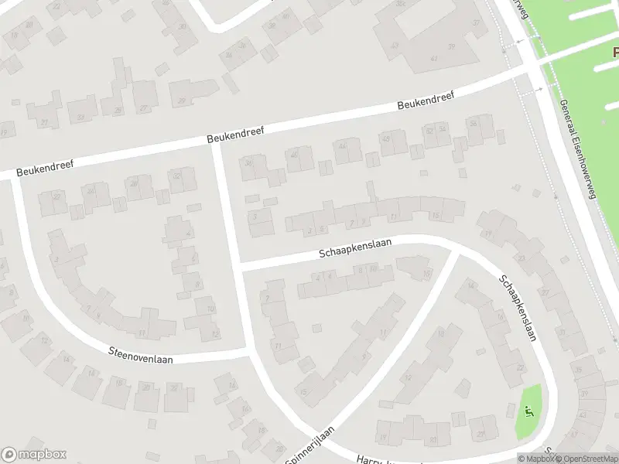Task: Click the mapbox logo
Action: click(x=34, y=455)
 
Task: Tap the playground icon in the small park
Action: click(x=529, y=410)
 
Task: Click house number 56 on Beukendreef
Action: click(x=474, y=123)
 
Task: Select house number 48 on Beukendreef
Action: click(x=386, y=138)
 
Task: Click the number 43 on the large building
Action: click(x=395, y=45)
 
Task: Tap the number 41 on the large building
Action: click(x=434, y=58)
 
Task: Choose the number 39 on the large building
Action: click(x=475, y=22)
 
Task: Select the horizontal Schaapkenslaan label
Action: click(x=355, y=247)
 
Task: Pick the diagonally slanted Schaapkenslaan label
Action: click(x=518, y=309)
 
